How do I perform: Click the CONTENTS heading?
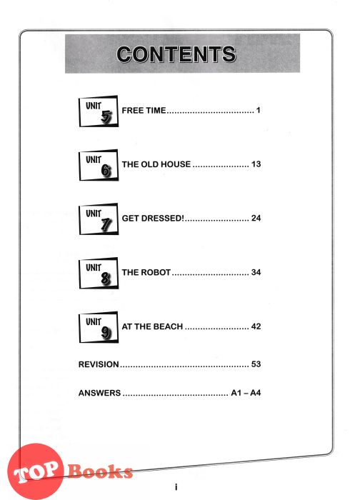(176, 54)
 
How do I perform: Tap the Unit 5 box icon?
(99, 111)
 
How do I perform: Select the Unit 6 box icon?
(99, 165)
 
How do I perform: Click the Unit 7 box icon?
(99, 219)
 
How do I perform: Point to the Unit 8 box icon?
(99, 274)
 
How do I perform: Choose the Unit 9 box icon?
(99, 327)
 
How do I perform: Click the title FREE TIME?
(144, 110)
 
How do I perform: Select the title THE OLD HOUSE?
(156, 164)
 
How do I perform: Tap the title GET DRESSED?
(153, 218)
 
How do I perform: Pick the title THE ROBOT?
(146, 272)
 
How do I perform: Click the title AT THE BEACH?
(152, 326)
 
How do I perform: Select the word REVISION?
(99, 364)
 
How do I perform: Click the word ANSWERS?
(99, 393)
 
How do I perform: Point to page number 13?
(256, 164)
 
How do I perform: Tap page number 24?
(256, 218)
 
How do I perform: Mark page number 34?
(256, 272)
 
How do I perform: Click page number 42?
(256, 326)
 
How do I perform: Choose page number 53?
(256, 364)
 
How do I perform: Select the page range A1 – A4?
(246, 393)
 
